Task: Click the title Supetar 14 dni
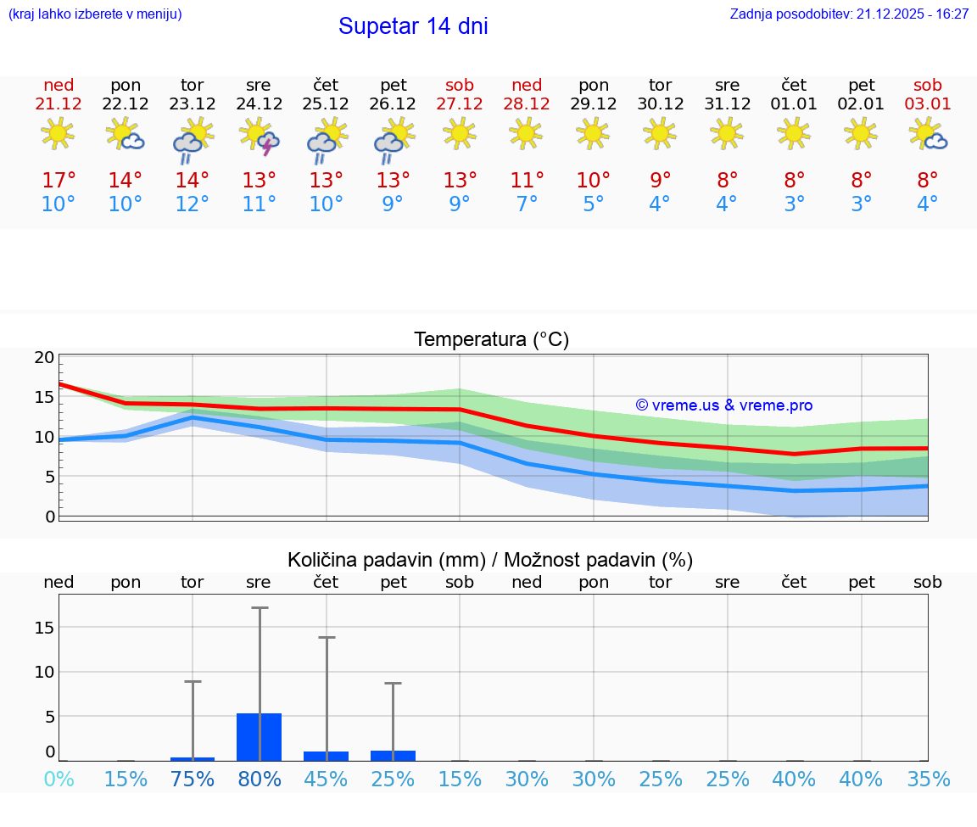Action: pyautogui.click(x=413, y=26)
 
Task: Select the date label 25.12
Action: pyautogui.click(x=326, y=104)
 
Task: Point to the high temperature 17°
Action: pyautogui.click(x=59, y=181)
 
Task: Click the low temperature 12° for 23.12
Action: pyautogui.click(x=193, y=204)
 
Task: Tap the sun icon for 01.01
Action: pyautogui.click(x=794, y=133)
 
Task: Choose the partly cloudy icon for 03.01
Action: pyautogui.click(x=928, y=134)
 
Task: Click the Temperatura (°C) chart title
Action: pyautogui.click(x=491, y=340)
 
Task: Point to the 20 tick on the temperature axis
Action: pyautogui.click(x=44, y=357)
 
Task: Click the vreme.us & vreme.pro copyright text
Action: pyautogui.click(x=724, y=405)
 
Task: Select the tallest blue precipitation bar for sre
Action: pyautogui.click(x=260, y=737)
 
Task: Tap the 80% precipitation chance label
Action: pyautogui.click(x=260, y=780)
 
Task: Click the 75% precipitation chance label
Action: pyautogui.click(x=193, y=780)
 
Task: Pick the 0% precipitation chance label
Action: pyautogui.click(x=59, y=780)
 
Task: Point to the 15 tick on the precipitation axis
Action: pyautogui.click(x=44, y=628)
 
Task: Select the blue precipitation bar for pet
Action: pyautogui.click(x=393, y=756)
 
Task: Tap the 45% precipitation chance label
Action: pyautogui.click(x=326, y=780)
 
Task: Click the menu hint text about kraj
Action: pyautogui.click(x=95, y=14)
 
